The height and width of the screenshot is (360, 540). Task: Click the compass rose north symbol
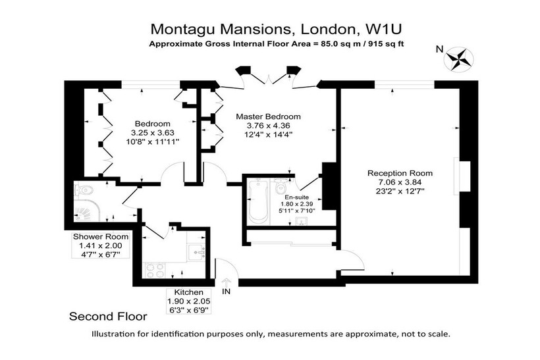(459, 59)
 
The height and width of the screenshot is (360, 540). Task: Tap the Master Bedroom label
(268, 116)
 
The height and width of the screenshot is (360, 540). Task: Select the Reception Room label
(400, 173)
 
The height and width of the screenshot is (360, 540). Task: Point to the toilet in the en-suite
(281, 186)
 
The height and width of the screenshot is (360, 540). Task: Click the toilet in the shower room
(84, 190)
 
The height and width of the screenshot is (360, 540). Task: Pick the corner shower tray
(86, 211)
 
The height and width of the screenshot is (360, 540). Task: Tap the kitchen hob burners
(155, 270)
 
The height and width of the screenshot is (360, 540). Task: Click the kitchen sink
(198, 253)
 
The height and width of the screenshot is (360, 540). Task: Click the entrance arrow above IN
(227, 282)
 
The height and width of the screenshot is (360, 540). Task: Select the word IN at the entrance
(227, 292)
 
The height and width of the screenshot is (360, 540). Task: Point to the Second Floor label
(108, 317)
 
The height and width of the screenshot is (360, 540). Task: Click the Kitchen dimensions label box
(189, 301)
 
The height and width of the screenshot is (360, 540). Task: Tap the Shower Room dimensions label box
(101, 245)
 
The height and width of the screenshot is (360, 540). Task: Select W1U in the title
(383, 29)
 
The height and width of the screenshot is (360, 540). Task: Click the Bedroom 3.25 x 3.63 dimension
(153, 132)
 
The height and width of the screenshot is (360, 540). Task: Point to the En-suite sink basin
(303, 221)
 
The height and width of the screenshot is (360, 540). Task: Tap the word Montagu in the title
(184, 30)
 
